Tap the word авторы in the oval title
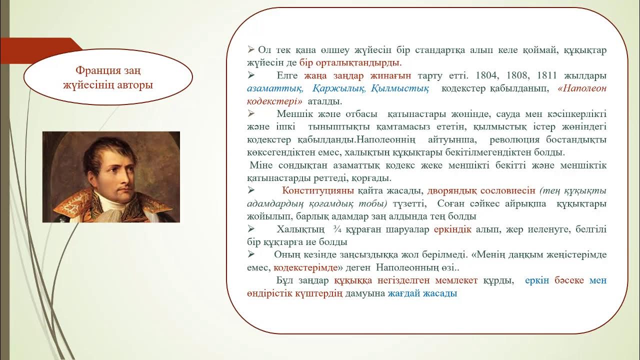pyautogui.click(x=135, y=84)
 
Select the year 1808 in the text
pyautogui.click(x=518, y=76)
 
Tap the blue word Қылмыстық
pyautogui.click(x=400, y=88)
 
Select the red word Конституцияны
pyautogui.click(x=318, y=191)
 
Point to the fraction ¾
pyautogui.click(x=336, y=229)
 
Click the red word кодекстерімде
pyautogui.click(x=305, y=267)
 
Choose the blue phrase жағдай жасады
pyautogui.click(x=422, y=293)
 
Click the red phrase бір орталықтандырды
pyautogui.click(x=350, y=63)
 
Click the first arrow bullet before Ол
pyautogui.click(x=251, y=50)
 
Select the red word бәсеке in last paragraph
pyautogui.click(x=569, y=280)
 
